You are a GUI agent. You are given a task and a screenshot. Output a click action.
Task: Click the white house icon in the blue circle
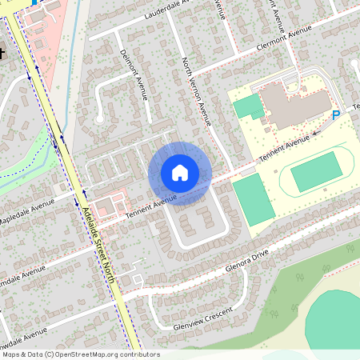point(180,172)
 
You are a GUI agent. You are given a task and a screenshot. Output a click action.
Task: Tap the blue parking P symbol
point(336,115)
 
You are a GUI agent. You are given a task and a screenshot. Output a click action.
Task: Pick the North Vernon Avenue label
point(195,92)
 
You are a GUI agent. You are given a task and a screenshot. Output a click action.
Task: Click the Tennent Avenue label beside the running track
point(283,149)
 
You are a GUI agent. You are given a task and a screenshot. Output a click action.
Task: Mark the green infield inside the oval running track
point(318,172)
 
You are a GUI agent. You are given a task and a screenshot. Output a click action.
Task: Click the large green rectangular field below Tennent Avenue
point(252,200)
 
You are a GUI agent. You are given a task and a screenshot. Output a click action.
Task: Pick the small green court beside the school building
point(248,106)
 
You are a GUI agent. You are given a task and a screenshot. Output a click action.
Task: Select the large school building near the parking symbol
point(294,104)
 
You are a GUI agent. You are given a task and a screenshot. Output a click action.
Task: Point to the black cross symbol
point(2,54)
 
